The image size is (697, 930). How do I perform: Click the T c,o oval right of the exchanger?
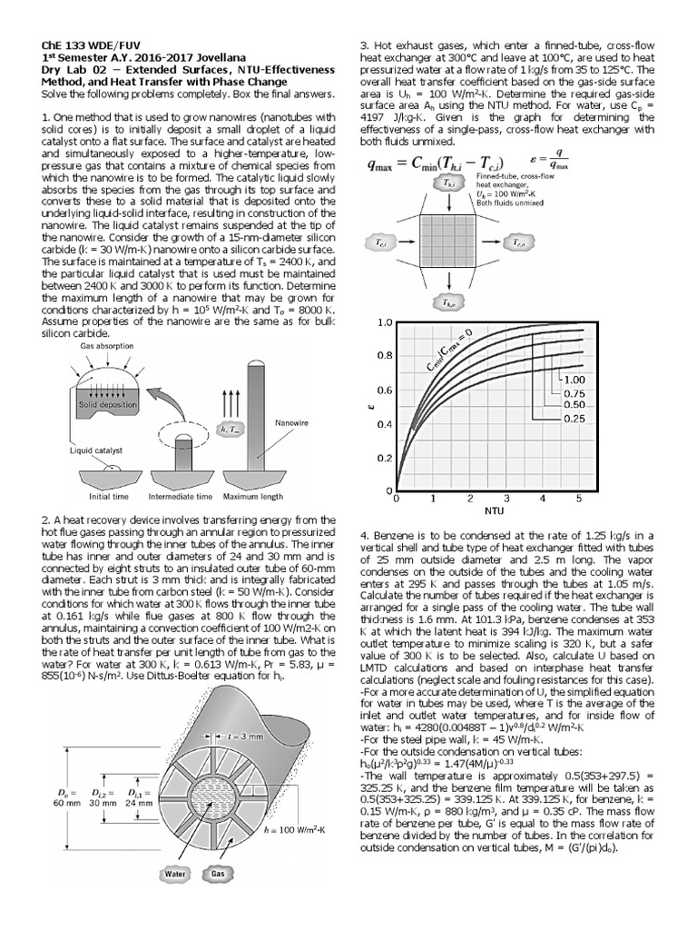(x=517, y=243)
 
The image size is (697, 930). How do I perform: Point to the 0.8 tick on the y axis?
(x=384, y=356)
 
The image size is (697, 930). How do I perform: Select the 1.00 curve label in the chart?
(x=575, y=379)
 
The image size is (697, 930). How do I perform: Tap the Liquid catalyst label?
(x=98, y=450)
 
